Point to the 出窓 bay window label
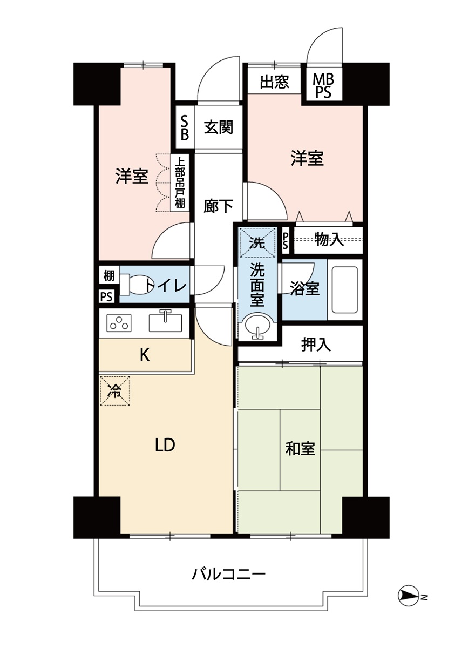point(275,82)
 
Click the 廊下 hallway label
point(219,206)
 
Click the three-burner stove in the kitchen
point(119,323)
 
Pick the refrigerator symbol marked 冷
point(114,391)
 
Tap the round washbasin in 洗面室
point(257,326)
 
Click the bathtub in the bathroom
point(344,289)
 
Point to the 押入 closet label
point(316,344)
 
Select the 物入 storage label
point(329,240)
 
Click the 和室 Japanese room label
point(300,448)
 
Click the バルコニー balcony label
point(229,573)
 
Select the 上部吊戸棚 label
point(180,183)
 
